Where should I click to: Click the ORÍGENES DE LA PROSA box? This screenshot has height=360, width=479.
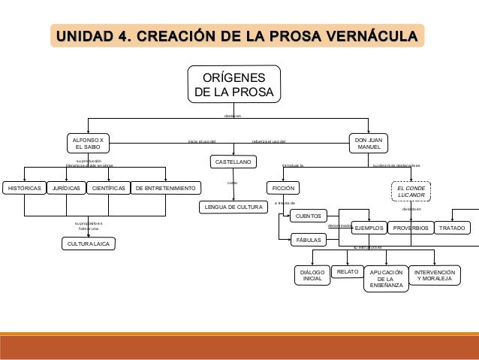[x=234, y=85]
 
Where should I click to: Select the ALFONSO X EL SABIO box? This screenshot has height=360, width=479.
[x=88, y=143]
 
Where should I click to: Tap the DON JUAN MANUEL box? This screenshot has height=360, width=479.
[x=368, y=143]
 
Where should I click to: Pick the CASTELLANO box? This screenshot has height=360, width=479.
[x=233, y=162]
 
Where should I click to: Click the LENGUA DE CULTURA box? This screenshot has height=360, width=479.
[x=233, y=207]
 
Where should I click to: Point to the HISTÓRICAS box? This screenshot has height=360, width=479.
[x=24, y=187]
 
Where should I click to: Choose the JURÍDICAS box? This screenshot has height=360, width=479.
[x=66, y=187]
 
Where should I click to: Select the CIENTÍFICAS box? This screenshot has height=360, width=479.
[x=108, y=187]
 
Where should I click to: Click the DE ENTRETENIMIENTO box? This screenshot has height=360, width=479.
[x=166, y=187]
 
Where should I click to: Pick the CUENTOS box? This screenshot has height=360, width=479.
[x=308, y=216]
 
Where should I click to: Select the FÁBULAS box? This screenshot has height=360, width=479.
[x=308, y=241]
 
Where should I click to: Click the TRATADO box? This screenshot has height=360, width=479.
[x=452, y=228]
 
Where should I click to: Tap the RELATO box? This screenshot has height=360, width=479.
[x=346, y=271]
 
